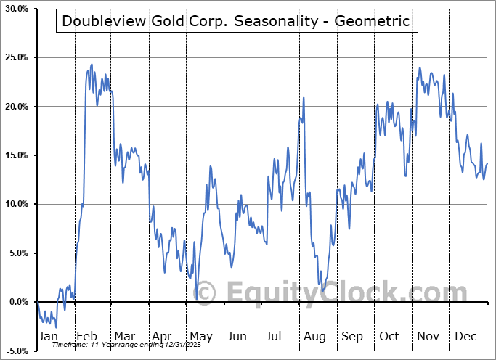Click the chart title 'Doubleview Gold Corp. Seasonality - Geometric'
tap(236, 22)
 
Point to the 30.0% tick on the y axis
tap(16, 9)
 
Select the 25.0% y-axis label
tap(16, 57)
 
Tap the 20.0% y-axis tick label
tap(16, 107)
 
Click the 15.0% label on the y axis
tap(16, 155)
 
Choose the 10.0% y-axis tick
tap(16, 204)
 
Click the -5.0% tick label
tap(16, 351)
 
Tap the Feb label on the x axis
tap(86, 337)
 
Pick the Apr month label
tap(163, 337)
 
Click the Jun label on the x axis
tap(237, 337)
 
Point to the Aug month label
tap(314, 337)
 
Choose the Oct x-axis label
tap(389, 337)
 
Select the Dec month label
tap(465, 337)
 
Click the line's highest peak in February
tap(91, 65)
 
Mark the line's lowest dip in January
tap(55, 327)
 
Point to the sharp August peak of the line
tap(304, 97)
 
